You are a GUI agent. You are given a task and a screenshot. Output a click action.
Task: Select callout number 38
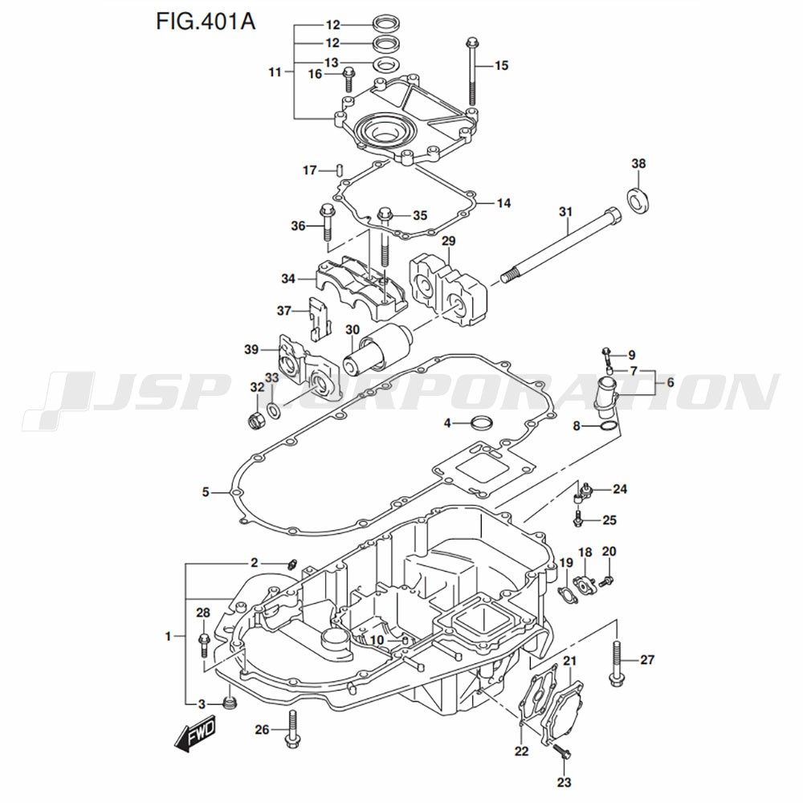638,164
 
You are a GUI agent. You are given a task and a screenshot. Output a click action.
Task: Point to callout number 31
565,212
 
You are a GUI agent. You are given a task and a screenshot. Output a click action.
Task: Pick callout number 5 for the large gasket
206,491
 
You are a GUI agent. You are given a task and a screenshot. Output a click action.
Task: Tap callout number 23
564,782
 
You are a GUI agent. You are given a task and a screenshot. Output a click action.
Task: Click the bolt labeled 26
292,728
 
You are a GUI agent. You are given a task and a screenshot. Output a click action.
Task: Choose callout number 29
448,241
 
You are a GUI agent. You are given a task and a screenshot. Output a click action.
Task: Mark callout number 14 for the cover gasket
503,203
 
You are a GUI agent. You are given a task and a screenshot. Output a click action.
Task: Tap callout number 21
569,661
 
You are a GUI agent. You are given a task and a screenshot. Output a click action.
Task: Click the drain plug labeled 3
230,705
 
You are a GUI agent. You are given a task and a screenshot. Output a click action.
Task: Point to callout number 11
275,72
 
